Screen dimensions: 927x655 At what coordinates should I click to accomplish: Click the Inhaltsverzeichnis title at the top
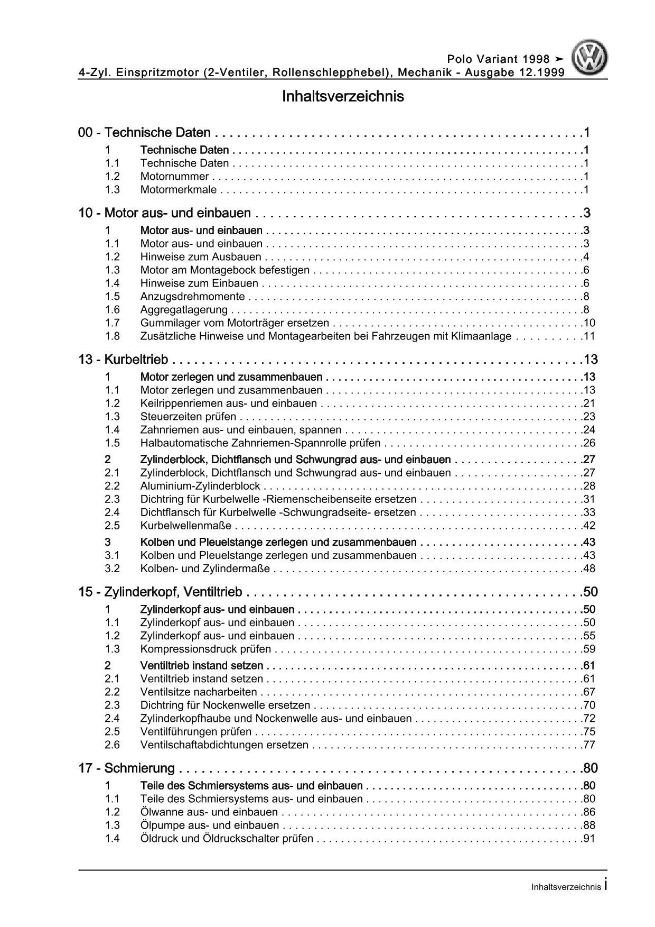(343, 97)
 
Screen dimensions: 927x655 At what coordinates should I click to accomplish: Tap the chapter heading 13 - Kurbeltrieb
(123, 360)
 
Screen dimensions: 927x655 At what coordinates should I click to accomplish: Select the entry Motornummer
(174, 177)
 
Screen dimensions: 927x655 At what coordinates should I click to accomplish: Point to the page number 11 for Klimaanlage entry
(589, 336)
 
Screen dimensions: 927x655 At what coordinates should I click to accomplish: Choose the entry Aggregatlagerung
(184, 310)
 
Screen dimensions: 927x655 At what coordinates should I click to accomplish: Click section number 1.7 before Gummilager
(112, 323)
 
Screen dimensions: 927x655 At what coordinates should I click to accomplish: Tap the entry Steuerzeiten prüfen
(188, 417)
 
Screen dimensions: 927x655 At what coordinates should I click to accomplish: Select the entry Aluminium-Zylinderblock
(200, 486)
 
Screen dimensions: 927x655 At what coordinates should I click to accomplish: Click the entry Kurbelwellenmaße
(186, 526)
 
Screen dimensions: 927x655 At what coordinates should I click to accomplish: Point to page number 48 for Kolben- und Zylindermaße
(589, 568)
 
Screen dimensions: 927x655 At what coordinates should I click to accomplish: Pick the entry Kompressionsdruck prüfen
(205, 649)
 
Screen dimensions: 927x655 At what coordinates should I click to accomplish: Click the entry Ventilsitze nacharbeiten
(199, 692)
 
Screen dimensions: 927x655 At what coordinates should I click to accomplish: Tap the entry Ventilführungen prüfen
(196, 732)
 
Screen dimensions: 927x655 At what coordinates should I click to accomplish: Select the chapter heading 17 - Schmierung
(126, 768)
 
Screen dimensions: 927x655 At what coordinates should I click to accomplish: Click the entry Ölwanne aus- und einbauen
(209, 812)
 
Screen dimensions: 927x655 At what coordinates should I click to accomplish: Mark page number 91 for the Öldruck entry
(589, 839)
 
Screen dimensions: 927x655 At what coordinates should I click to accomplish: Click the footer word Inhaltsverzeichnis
(566, 887)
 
